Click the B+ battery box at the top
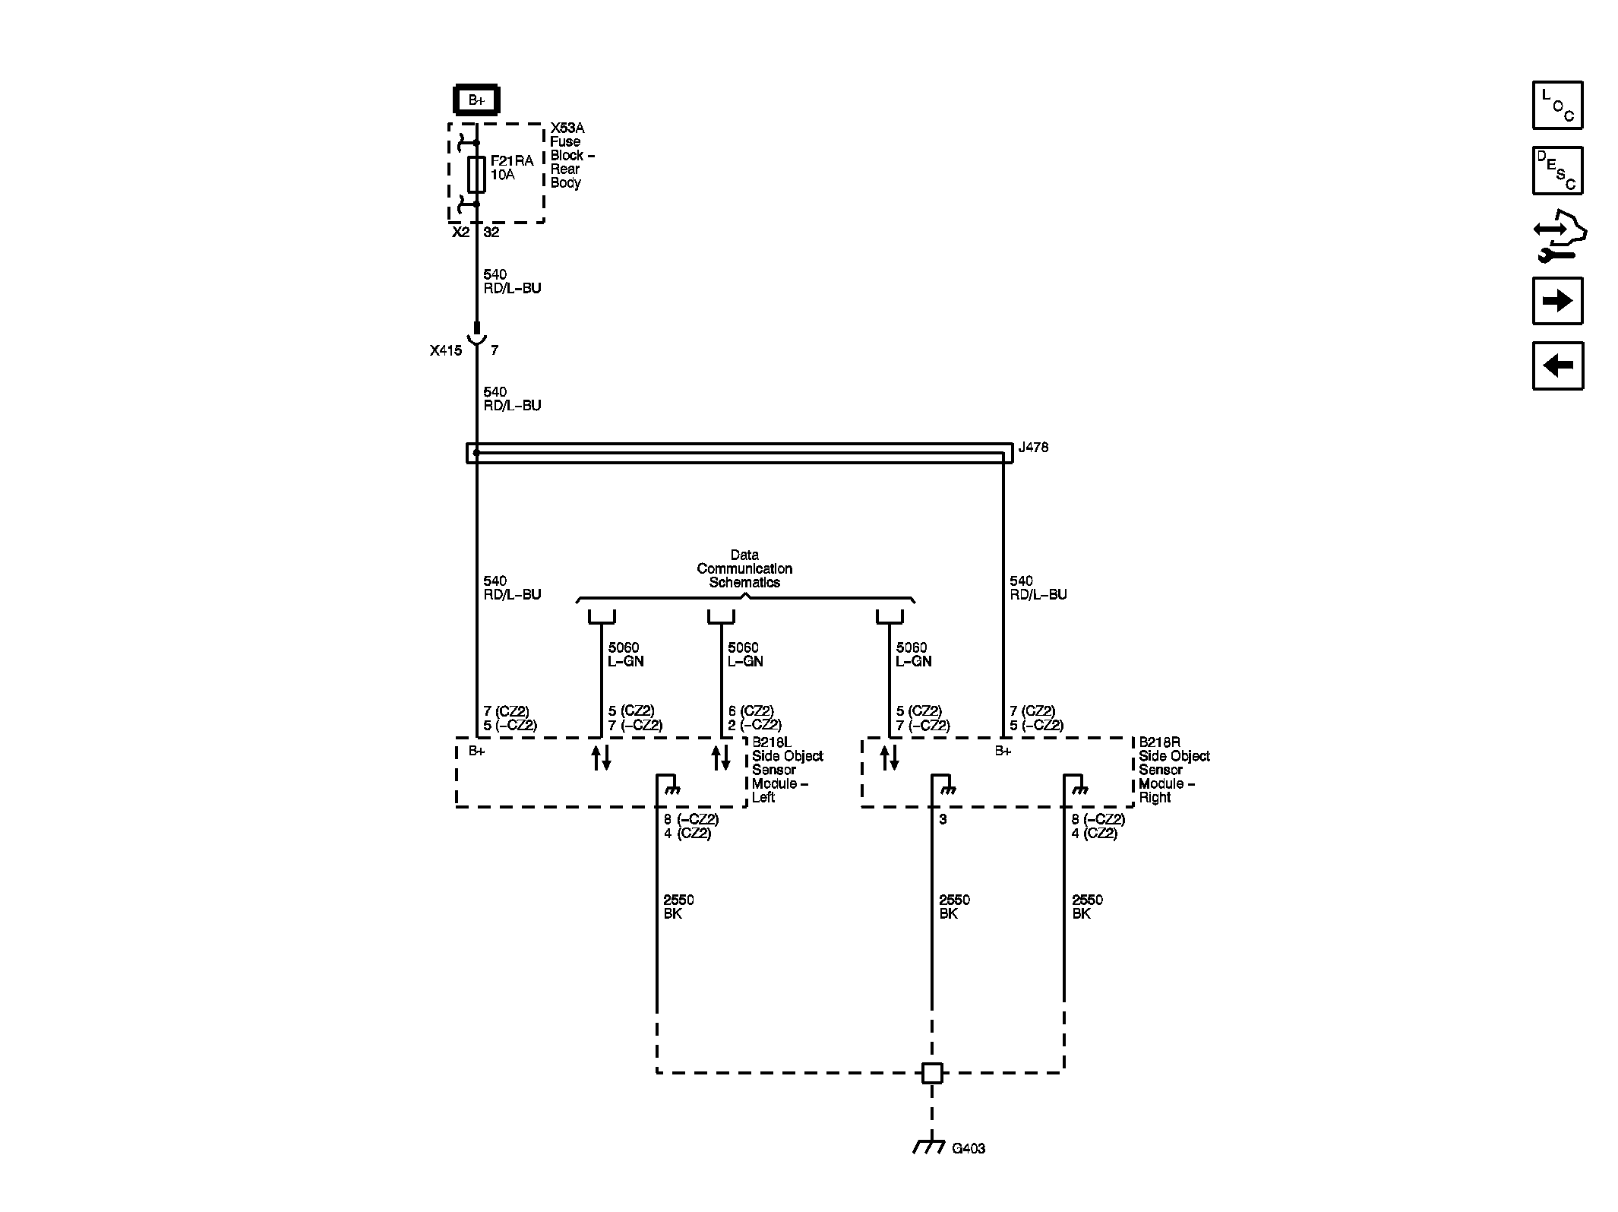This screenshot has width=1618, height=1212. tap(476, 100)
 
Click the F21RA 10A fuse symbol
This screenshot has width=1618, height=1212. tap(476, 174)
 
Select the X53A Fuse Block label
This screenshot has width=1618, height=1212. tap(571, 155)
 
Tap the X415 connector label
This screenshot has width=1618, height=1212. tap(445, 350)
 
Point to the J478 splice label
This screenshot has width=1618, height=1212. tap(1033, 448)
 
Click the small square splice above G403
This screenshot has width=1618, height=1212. tap(932, 1073)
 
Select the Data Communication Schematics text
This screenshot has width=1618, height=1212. tap(744, 569)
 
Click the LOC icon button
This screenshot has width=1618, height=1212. tap(1557, 105)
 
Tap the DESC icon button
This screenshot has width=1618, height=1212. tap(1557, 170)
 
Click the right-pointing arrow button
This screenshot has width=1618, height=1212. tap(1557, 301)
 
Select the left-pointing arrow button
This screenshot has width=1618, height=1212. tap(1557, 366)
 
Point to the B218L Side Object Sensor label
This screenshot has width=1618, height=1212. tap(786, 770)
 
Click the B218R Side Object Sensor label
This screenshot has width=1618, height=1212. tap(1173, 770)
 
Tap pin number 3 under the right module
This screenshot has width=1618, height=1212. tap(943, 820)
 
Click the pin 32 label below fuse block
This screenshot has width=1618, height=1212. tap(491, 233)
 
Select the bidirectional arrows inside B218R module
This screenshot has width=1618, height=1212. tap(890, 758)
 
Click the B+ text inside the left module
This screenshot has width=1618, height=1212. tap(476, 752)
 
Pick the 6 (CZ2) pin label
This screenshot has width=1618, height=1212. tap(751, 711)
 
